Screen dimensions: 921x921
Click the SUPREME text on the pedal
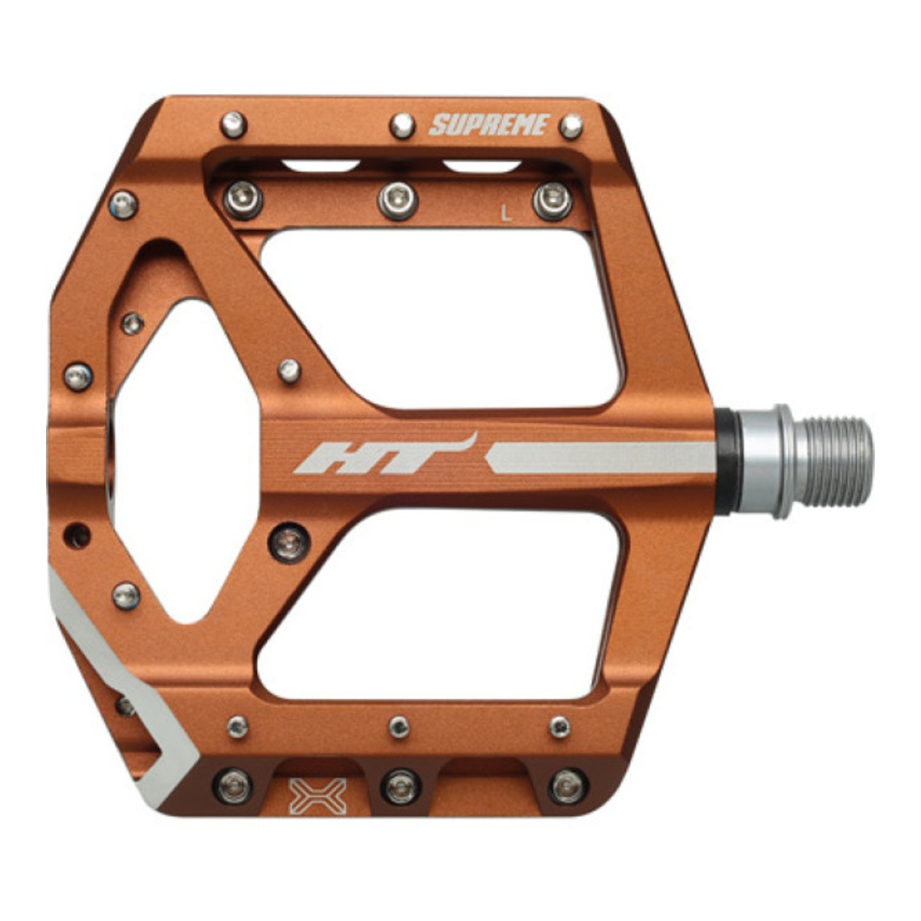click(x=489, y=125)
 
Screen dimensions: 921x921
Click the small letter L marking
click(x=506, y=212)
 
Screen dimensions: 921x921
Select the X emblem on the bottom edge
click(x=318, y=796)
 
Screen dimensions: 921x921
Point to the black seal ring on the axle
click(x=727, y=461)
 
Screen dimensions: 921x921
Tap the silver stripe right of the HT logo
click(x=600, y=458)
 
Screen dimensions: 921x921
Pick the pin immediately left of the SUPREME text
click(x=403, y=125)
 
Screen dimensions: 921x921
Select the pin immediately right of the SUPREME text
click(x=571, y=126)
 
